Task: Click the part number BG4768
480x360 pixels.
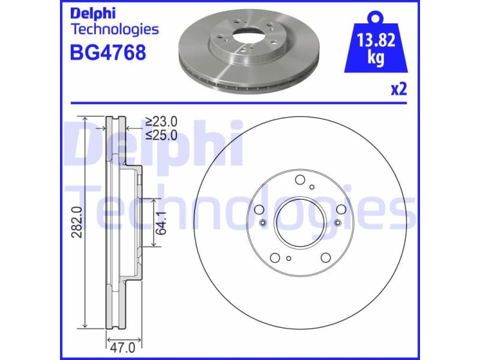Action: pyautogui.click(x=108, y=53)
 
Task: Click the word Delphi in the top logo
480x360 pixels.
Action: pyautogui.click(x=94, y=13)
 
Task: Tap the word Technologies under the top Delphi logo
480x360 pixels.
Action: pyautogui.click(x=115, y=29)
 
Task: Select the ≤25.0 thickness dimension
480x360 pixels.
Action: pyautogui.click(x=161, y=136)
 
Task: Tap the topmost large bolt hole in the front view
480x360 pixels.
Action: pyautogui.click(x=300, y=178)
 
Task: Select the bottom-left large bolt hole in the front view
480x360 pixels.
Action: pyautogui.click(x=275, y=258)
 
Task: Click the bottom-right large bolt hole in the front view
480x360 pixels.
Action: pyautogui.click(x=325, y=258)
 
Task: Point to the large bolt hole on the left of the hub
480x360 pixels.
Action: pyautogui.click(x=259, y=209)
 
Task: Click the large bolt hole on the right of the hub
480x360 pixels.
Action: pyautogui.click(x=341, y=209)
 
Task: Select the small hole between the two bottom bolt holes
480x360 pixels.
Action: pyautogui.click(x=289, y=259)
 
